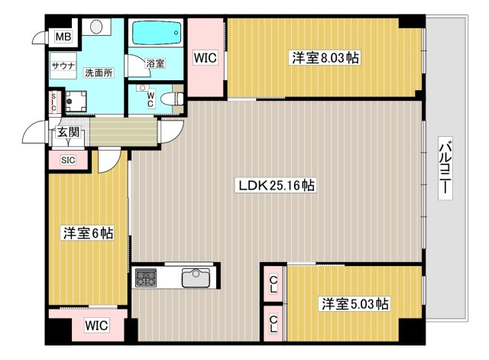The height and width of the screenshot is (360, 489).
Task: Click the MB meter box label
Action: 63,37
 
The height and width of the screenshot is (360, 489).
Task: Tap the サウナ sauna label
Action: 63,66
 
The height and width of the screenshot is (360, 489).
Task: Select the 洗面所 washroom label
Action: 99,73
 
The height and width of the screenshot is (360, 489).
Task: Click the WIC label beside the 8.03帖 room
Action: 206,58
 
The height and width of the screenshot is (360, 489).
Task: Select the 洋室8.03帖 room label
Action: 325,58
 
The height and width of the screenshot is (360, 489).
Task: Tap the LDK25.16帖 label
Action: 277,186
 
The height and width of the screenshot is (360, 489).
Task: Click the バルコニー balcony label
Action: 445,167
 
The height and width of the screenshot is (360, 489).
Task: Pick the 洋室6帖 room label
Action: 89,233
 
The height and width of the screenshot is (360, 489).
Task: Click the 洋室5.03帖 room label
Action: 355,303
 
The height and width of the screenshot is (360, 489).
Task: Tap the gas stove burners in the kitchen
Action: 146,277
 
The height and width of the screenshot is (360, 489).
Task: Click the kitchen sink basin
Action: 196,278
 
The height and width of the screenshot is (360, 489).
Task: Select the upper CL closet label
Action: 274,284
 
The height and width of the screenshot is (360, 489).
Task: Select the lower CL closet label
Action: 274,324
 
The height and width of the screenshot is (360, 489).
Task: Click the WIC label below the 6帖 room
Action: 97,326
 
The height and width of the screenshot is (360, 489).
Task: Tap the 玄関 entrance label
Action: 68,132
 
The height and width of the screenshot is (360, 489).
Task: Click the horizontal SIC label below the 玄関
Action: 68,160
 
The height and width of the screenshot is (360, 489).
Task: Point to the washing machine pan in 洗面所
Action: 76,102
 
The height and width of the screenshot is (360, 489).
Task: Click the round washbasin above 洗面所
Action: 96,26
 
